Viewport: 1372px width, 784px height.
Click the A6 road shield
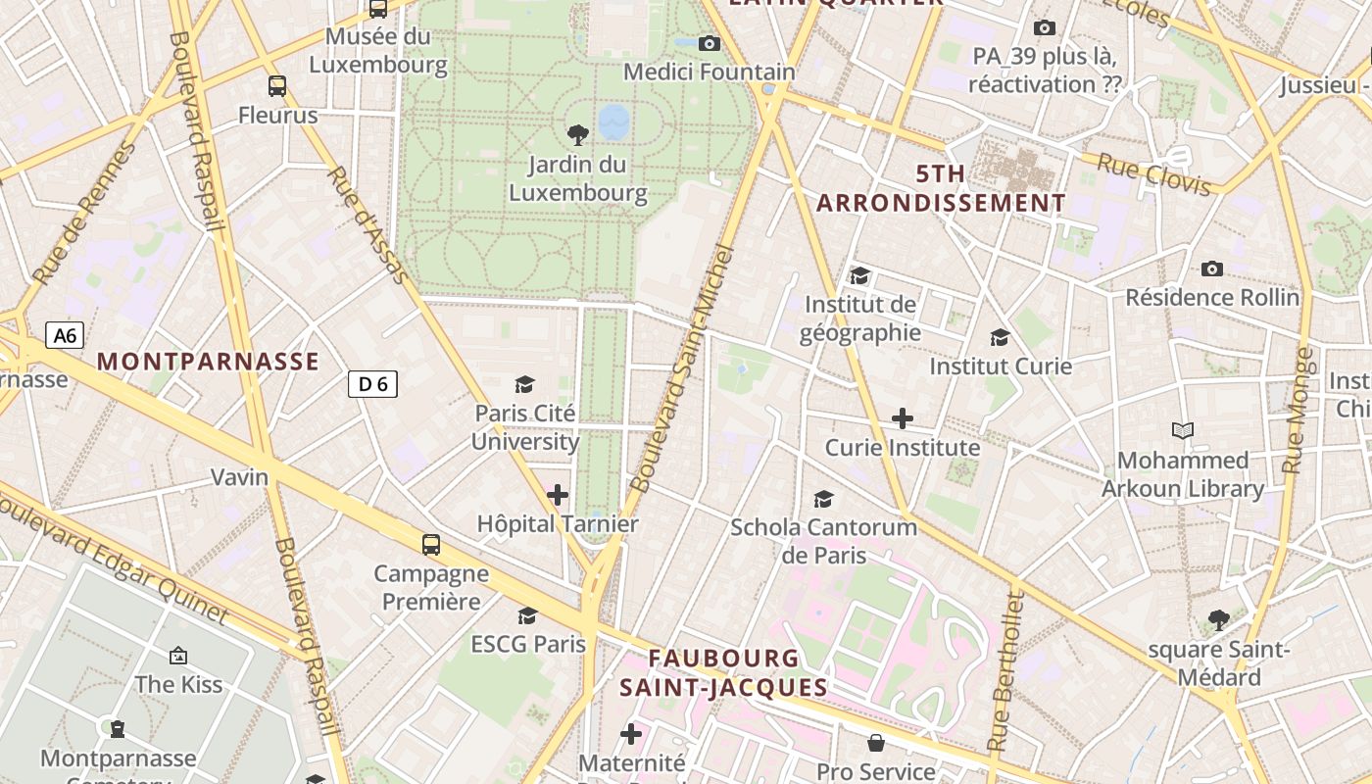64,336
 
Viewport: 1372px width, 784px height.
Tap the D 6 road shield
372,384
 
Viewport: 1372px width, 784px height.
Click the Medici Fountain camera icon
710,43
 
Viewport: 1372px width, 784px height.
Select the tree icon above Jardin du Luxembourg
578,133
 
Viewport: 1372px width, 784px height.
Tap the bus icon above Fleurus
277,86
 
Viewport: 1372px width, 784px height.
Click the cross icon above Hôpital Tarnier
558,495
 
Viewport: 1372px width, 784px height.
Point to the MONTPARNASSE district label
208,362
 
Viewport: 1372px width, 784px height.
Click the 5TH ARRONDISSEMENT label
941,189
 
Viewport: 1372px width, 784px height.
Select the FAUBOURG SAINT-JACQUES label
724,672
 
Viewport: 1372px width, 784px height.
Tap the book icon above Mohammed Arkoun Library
1183,430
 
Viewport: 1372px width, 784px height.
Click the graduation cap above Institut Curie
1000,337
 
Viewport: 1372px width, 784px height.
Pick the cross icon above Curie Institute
902,418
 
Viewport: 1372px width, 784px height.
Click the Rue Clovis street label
1153,174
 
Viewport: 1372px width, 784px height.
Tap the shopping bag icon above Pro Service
876,744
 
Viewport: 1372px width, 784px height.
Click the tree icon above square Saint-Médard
1219,619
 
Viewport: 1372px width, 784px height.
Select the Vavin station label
240,477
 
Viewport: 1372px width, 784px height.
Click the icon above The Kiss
178,655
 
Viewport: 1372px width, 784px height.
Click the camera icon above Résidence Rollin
1212,269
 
